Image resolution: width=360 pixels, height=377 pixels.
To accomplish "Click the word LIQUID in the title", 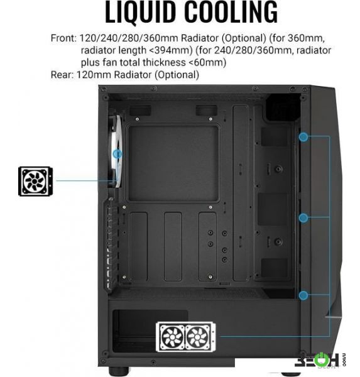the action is pyautogui.click(x=140, y=12).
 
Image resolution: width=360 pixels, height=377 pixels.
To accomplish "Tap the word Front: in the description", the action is pyautogui.click(x=63, y=38).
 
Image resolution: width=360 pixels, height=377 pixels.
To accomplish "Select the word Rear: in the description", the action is pyautogui.click(x=62, y=75).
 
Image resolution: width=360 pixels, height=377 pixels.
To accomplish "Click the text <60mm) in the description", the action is pyautogui.click(x=207, y=62).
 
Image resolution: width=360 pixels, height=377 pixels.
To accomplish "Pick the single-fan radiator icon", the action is pyautogui.click(x=35, y=182).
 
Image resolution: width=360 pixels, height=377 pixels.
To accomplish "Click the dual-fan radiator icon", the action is pyautogui.click(x=185, y=337).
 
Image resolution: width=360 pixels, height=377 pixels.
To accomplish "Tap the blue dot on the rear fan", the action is pyautogui.click(x=117, y=154).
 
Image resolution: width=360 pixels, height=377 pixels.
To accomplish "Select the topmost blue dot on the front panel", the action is pyautogui.click(x=303, y=137).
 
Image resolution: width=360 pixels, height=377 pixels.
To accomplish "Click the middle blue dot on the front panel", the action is pyautogui.click(x=303, y=218).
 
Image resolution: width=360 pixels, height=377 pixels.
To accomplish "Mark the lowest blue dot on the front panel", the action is pyautogui.click(x=303, y=295).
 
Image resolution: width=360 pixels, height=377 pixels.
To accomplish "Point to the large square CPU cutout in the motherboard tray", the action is pyautogui.click(x=173, y=163).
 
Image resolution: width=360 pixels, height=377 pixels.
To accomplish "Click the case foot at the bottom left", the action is pyautogui.click(x=119, y=371).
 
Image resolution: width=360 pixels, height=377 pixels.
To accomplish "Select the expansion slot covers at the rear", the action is pyautogui.click(x=111, y=245).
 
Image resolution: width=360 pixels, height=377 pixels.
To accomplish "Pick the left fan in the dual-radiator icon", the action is pyautogui.click(x=172, y=337).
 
